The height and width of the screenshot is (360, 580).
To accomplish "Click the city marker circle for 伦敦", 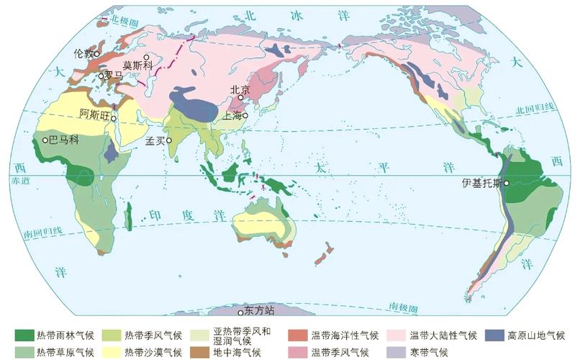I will click(x=96, y=54).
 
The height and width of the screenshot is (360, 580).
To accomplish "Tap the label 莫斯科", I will click(x=136, y=65).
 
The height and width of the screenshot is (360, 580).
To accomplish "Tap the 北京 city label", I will click(x=240, y=90).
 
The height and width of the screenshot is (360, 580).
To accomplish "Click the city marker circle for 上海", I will click(x=245, y=115).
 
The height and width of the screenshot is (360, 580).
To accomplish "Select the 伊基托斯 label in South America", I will click(x=482, y=183).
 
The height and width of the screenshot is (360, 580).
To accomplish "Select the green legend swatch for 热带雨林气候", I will click(x=24, y=335).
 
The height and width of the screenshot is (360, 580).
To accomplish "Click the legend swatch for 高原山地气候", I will click(x=494, y=335).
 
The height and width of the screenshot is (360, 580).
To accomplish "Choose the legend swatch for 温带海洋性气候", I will click(x=298, y=335).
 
